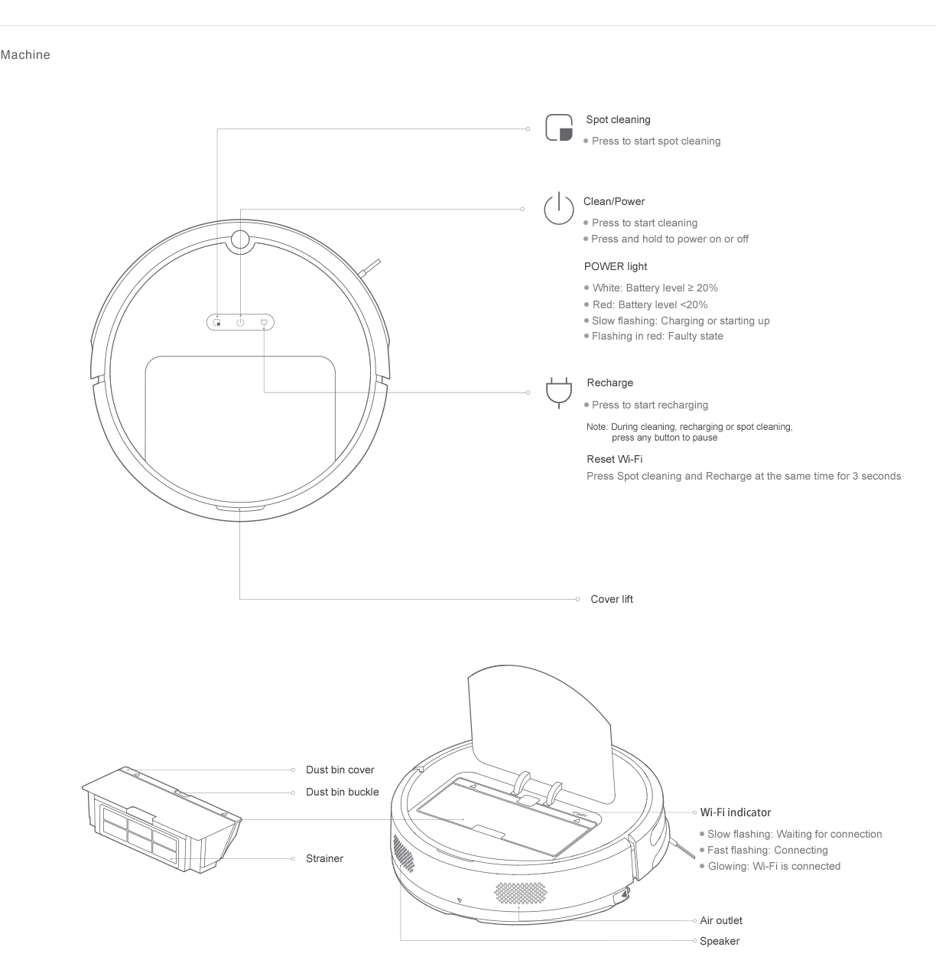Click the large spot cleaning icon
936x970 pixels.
tap(559, 128)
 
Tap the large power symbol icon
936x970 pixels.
tap(559, 208)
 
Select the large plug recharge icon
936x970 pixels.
tap(559, 392)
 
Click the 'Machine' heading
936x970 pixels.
tap(25, 55)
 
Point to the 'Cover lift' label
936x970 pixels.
tap(612, 599)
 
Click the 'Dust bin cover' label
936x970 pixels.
tap(340, 770)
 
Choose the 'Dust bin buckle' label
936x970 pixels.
tap(343, 792)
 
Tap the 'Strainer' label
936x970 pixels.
tap(324, 858)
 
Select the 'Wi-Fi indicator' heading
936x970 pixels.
tap(735, 812)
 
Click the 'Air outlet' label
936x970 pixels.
tap(720, 920)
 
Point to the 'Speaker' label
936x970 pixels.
tap(719, 941)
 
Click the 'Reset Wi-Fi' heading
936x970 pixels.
tap(615, 459)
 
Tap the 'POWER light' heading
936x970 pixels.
tap(616, 267)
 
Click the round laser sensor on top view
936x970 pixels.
tap(240, 239)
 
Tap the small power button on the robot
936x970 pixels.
tap(240, 323)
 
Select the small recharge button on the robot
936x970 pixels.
tap(264, 323)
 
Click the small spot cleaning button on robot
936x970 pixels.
tap(217, 323)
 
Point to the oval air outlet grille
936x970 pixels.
tap(520, 894)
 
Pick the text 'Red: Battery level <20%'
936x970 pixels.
tap(650, 304)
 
